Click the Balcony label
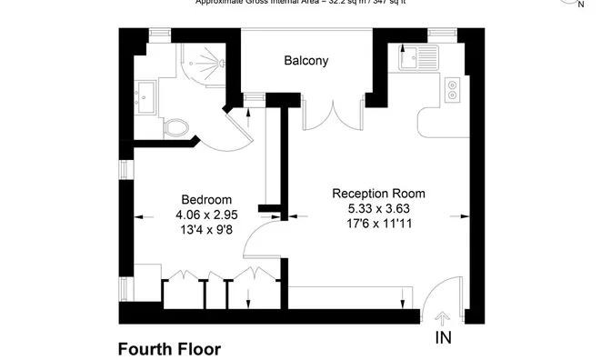[306, 62]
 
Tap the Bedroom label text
[206, 200]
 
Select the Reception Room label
[378, 194]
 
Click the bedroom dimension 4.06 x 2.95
[206, 215]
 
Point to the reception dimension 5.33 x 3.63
[378, 208]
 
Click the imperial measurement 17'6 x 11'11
[378, 223]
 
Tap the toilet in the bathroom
[178, 126]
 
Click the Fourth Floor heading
[169, 348]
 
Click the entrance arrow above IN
[443, 318]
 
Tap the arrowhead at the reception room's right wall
[465, 216]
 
